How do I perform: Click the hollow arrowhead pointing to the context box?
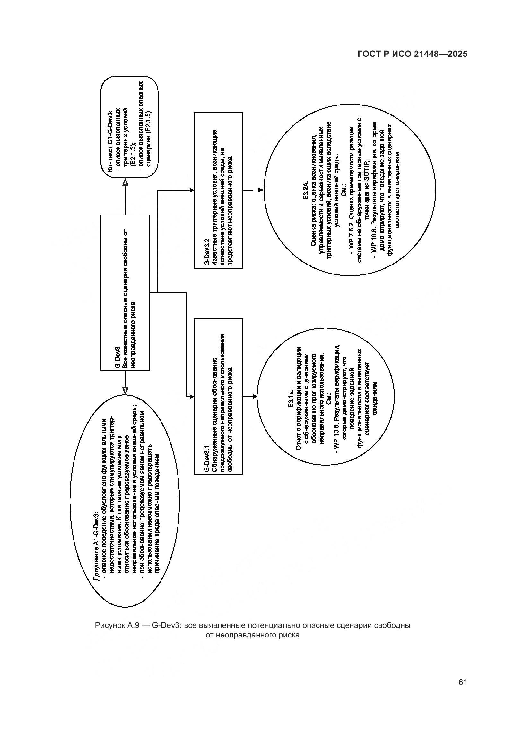pyautogui.click(x=125, y=182)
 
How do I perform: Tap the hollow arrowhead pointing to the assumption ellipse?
pyautogui.click(x=125, y=390)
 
